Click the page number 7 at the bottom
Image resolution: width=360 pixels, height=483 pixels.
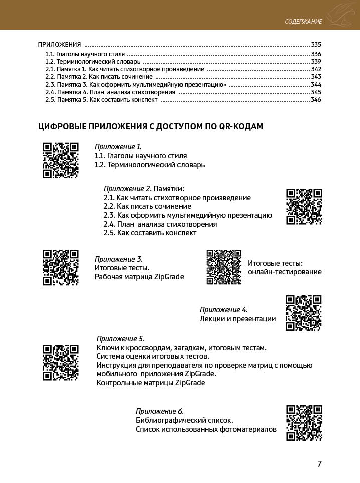[319, 464]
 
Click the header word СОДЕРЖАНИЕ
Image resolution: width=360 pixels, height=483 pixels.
[303, 22]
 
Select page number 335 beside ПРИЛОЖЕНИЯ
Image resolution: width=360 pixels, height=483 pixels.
[316, 44]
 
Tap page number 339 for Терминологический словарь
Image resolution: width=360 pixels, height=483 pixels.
[316, 61]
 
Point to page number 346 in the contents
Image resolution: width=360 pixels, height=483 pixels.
[316, 100]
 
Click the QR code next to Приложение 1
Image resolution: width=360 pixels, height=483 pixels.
[60, 160]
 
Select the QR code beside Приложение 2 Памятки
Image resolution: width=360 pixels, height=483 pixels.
[304, 206]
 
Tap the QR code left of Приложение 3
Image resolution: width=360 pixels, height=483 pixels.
[60, 267]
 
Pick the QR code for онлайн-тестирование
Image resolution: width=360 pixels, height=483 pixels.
[224, 267]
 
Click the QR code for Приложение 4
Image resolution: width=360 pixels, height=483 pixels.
[303, 313]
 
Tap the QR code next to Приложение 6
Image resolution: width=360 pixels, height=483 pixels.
[304, 422]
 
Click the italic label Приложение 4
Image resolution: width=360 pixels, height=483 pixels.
[223, 309]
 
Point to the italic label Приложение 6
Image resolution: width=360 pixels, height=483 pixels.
[159, 411]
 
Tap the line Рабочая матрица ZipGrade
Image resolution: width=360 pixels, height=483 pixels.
[139, 277]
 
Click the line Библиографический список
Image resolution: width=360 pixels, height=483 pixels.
[184, 420]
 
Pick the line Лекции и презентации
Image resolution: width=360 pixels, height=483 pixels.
[238, 319]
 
